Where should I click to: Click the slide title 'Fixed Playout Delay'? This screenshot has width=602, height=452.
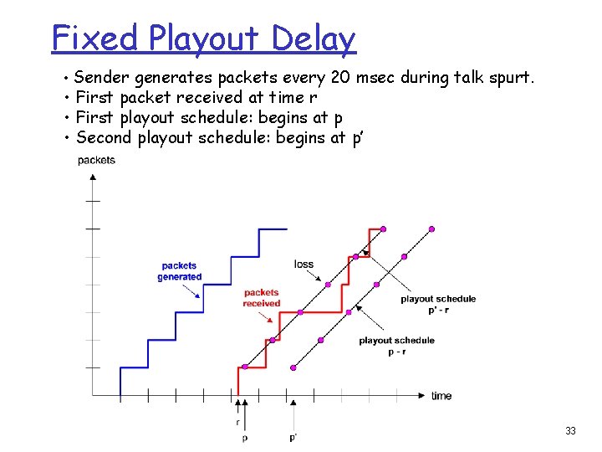[x=203, y=39]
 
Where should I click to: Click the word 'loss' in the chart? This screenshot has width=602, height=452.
[x=304, y=265]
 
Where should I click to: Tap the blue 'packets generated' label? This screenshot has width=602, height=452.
[x=180, y=271]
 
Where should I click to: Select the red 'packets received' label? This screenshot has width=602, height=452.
[x=262, y=298]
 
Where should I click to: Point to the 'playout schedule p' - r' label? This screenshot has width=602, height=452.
[x=438, y=304]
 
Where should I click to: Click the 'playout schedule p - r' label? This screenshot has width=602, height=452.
[x=396, y=346]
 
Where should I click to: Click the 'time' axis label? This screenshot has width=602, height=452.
[x=441, y=396]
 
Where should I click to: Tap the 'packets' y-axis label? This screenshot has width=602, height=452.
[x=96, y=160]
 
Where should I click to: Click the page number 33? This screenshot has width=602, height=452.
[x=570, y=431]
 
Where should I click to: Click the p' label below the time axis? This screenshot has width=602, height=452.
[x=293, y=437]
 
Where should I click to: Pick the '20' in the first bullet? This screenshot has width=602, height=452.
[x=340, y=79]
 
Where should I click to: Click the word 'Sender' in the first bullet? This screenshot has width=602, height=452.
[x=101, y=79]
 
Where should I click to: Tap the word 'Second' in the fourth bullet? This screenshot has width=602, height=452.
[x=102, y=137]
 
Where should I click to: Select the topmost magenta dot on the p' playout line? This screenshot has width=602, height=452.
[x=432, y=229]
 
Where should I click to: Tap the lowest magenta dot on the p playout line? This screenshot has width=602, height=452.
[x=245, y=367]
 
